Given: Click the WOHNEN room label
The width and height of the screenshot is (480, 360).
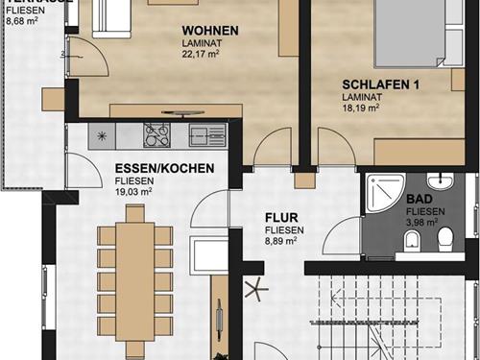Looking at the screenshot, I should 209,31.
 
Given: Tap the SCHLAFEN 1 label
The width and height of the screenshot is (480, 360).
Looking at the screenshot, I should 381,84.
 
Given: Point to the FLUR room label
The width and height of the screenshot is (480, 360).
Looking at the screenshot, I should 283,218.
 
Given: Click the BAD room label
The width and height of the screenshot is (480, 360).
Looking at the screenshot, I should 419,200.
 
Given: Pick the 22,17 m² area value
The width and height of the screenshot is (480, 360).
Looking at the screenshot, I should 204,55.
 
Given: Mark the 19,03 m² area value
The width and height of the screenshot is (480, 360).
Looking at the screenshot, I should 134,191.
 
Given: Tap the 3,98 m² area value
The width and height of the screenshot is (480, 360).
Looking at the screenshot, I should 424,223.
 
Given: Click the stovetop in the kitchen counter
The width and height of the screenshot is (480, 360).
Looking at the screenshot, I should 156,133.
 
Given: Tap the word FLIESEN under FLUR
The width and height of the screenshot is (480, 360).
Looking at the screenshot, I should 285,230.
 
